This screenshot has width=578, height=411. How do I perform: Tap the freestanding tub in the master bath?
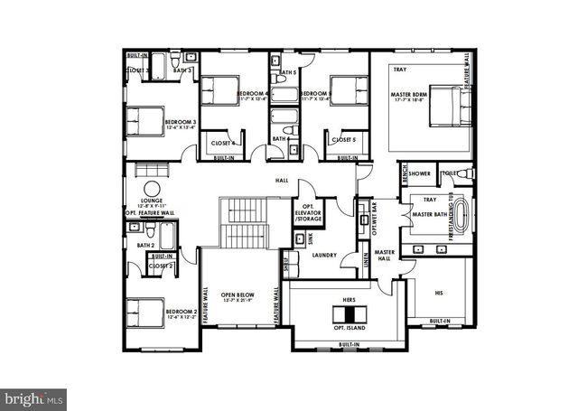pyautogui.click(x=462, y=218)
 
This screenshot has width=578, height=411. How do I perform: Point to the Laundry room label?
pyautogui.click(x=323, y=256)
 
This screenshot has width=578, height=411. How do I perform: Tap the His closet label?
pyautogui.click(x=439, y=293)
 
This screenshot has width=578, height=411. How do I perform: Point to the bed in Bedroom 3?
pyautogui.click(x=145, y=121)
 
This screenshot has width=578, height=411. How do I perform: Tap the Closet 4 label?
pyautogui.click(x=222, y=143)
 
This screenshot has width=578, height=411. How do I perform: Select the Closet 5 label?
pyautogui.click(x=343, y=140)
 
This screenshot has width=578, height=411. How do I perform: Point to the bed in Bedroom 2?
pyautogui.click(x=144, y=313)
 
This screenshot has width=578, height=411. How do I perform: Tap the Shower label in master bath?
pyautogui.click(x=419, y=173)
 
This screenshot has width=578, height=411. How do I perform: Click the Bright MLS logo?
pyautogui.click(x=34, y=397)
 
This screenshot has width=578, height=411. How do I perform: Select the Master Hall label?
pyautogui.click(x=386, y=256)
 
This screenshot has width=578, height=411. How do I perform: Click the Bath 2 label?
pyautogui.click(x=146, y=245)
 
